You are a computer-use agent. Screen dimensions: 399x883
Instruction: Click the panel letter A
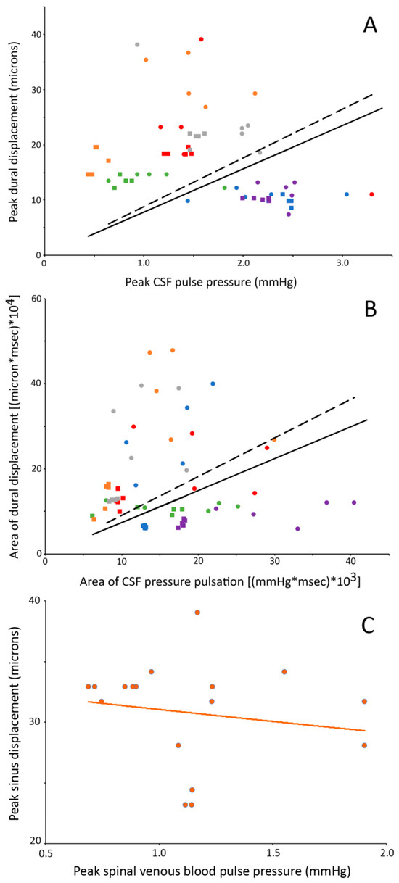370,25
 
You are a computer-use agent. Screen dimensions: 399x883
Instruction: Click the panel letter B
370,310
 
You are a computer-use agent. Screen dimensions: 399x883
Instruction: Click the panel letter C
368,625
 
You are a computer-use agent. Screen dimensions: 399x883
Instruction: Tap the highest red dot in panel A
201,39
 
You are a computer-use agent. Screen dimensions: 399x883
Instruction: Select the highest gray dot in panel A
137,45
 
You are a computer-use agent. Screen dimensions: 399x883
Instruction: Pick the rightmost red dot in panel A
371,194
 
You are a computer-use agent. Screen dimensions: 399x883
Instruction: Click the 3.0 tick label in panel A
342,263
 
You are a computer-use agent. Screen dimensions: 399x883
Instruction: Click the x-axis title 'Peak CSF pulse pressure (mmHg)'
211,282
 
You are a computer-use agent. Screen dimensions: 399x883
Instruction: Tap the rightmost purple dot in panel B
354,502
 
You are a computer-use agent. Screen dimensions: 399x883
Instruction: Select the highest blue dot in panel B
213,384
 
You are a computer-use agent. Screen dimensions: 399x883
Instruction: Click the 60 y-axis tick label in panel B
36,299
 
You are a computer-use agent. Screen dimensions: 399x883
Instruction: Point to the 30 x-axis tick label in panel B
274,562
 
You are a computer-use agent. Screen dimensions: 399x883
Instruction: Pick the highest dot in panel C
197,613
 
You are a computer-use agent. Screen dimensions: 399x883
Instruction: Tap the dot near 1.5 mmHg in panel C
284,672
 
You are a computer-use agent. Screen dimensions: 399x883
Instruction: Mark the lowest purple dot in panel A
289,215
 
